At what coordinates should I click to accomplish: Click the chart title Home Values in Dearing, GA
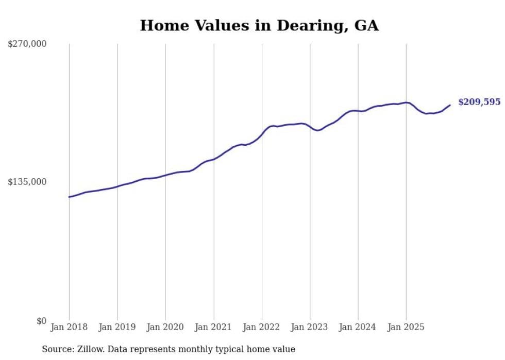[259, 26]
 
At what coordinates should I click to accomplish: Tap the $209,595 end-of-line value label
[479, 102]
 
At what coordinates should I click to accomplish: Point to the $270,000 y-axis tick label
[27, 44]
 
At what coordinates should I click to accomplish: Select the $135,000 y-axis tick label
[27, 182]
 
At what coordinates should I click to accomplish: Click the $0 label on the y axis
[41, 321]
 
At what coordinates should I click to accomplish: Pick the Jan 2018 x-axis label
[69, 327]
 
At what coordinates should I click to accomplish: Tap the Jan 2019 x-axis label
[117, 327]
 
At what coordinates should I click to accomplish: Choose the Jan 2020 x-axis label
[165, 327]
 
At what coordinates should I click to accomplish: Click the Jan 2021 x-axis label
[213, 327]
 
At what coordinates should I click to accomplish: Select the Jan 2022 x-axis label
[262, 327]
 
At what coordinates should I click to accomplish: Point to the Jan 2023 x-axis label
[310, 327]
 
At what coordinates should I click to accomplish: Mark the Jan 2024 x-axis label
[358, 327]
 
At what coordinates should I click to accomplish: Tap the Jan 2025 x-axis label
[406, 327]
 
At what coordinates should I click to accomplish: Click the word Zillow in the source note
[89, 349]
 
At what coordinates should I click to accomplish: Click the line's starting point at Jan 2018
[69, 197]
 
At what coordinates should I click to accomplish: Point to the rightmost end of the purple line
[450, 105]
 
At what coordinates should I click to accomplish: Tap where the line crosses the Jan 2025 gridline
[406, 102]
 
